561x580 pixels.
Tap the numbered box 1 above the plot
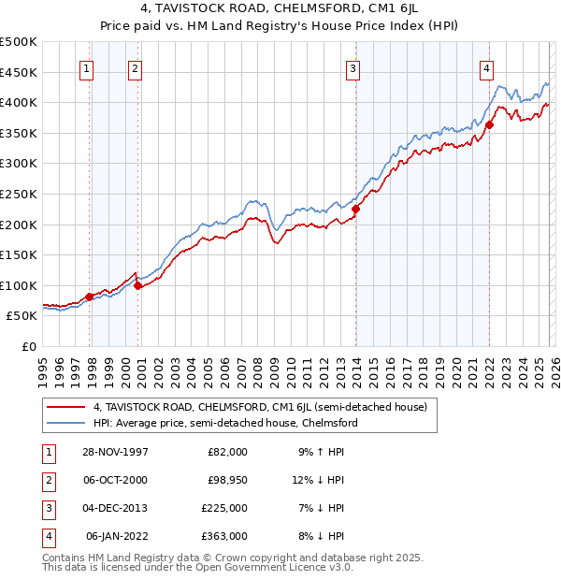(86, 66)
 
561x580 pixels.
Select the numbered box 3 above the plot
(352, 66)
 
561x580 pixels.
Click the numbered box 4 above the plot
(487, 66)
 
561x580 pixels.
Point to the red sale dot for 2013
(356, 209)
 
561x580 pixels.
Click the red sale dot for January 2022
(489, 124)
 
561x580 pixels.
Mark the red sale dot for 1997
(90, 297)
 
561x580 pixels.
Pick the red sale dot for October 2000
(137, 286)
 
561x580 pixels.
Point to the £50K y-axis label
(22, 316)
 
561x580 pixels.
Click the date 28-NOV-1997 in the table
(117, 452)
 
